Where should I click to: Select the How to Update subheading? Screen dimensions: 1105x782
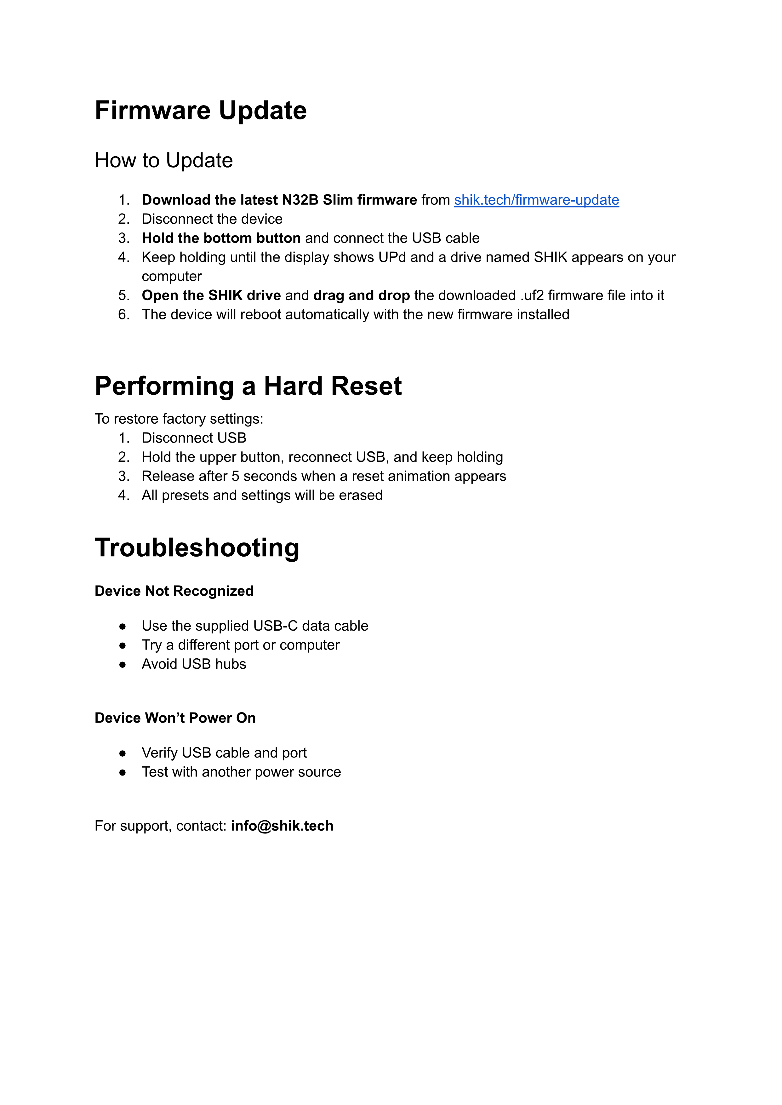(164, 160)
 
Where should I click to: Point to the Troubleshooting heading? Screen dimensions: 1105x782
(197, 548)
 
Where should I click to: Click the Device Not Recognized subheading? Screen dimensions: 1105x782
(174, 591)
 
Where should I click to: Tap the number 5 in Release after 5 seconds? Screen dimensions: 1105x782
(236, 476)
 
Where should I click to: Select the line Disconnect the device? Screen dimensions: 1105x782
(212, 219)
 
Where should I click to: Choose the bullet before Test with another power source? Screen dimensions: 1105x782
(123, 772)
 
